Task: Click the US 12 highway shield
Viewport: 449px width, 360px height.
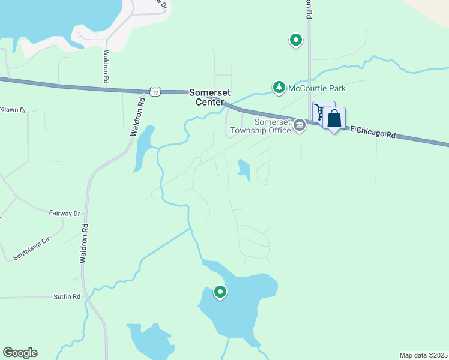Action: point(155,91)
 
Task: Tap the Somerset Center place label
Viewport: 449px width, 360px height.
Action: point(206,97)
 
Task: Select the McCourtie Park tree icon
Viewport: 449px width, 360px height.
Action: point(279,88)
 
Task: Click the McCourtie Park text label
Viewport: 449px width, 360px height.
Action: point(317,88)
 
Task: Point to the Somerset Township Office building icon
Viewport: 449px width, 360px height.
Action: point(299,125)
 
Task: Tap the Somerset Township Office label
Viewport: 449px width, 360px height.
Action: point(259,125)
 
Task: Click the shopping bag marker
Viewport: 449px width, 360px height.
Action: point(334,118)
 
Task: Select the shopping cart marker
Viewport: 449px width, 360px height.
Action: point(321,112)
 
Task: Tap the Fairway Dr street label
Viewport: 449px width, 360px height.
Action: point(64,213)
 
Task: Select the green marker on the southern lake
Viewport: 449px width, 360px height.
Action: point(220,292)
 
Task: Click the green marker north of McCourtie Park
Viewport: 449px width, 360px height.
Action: point(295,40)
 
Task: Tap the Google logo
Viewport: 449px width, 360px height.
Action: point(20,353)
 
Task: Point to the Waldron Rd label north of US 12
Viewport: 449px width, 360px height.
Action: point(106,66)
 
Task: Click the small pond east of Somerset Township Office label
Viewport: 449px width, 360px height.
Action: point(244,169)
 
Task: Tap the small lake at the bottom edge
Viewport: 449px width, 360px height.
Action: point(150,341)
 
